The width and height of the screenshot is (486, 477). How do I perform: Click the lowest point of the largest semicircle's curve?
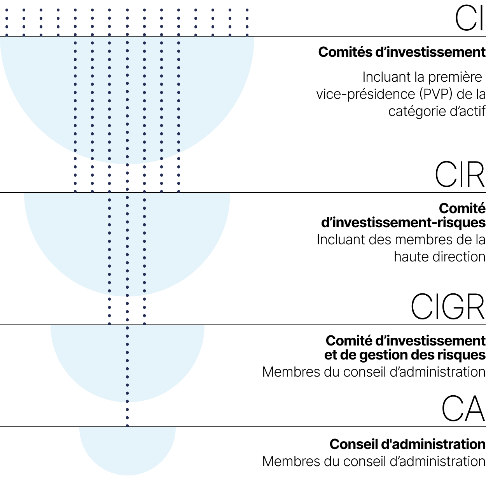[127, 163]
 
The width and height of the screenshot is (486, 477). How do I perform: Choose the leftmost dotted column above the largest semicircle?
[7, 23]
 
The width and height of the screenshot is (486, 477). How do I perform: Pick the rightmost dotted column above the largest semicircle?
[247, 23]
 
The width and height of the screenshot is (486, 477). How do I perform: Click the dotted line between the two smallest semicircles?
[127, 415]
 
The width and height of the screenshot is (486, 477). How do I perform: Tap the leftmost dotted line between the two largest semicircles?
[75, 175]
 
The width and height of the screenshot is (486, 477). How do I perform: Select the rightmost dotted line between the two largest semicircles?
[178, 175]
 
